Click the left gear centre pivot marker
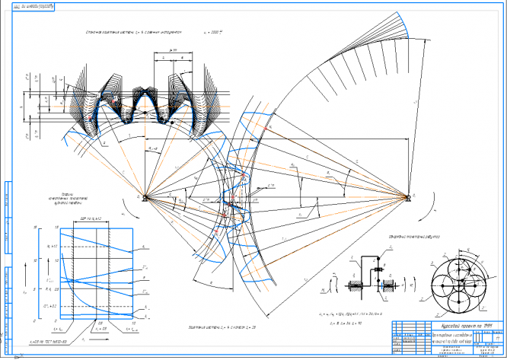[145, 198]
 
